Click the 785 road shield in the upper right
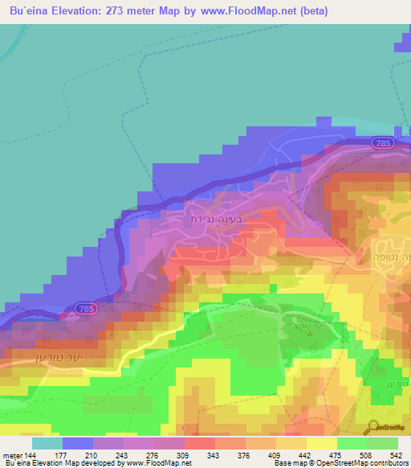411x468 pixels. pyautogui.click(x=381, y=143)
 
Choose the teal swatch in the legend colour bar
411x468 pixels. pyautogui.click(x=47, y=443)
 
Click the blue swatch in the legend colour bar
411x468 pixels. pyautogui.click(x=77, y=443)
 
